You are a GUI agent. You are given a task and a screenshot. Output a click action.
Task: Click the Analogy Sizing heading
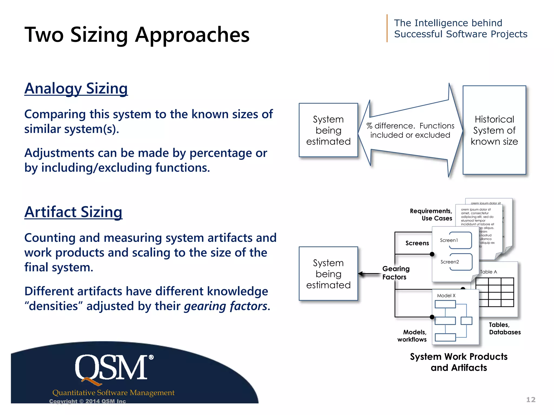(x=76, y=89)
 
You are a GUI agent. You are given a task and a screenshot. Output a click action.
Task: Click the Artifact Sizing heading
(x=73, y=212)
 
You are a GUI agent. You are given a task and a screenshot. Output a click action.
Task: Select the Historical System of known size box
(x=494, y=130)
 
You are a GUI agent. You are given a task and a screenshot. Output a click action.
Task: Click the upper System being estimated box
(x=328, y=130)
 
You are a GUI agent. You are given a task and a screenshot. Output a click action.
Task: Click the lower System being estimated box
(x=328, y=274)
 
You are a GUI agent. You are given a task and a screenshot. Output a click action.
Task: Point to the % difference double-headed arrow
(x=410, y=130)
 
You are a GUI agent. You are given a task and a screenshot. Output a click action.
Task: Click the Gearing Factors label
(x=395, y=273)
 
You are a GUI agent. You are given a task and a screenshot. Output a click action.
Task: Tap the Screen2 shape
(x=457, y=262)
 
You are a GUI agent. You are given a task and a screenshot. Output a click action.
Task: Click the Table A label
(x=488, y=272)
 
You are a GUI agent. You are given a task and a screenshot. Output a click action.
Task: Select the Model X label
(x=446, y=296)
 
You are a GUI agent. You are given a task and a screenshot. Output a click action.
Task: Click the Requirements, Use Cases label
(x=431, y=215)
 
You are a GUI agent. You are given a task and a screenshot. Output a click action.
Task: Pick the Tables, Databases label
(x=504, y=328)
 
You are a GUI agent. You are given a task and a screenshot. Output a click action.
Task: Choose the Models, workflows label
(x=412, y=336)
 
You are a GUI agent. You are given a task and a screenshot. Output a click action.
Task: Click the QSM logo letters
(x=111, y=368)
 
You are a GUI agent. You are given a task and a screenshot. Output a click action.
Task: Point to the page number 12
(x=530, y=400)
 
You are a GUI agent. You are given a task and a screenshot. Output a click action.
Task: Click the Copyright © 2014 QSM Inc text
(x=87, y=401)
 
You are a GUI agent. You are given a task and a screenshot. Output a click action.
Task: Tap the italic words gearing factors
(x=226, y=306)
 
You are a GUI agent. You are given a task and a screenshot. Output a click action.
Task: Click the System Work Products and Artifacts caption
(x=459, y=362)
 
